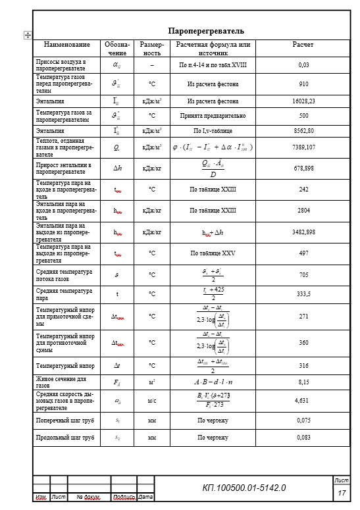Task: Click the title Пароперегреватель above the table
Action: click(206, 31)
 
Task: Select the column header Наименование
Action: click(66, 45)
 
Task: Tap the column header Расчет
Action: click(303, 45)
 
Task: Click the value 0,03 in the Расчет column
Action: click(303, 65)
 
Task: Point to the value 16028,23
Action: click(303, 101)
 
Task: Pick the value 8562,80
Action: click(303, 131)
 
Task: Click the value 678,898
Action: click(303, 168)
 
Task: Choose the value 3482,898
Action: click(303, 232)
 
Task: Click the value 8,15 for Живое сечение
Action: click(303, 382)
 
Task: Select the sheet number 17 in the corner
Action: click(342, 493)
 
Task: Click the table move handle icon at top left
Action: click(27, 36)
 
